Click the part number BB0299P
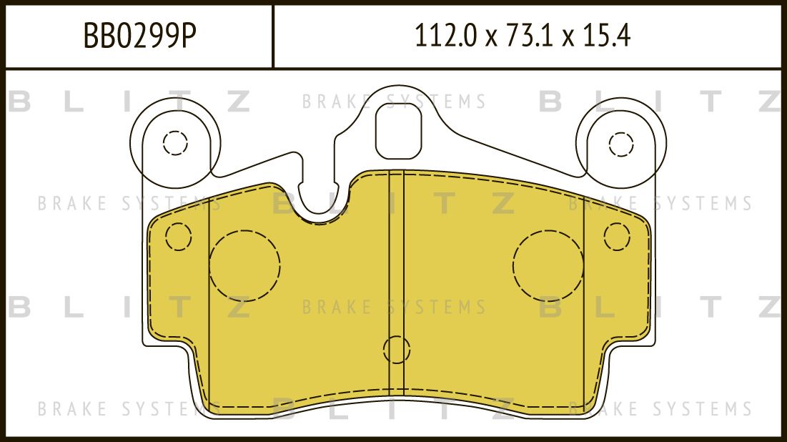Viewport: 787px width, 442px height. [139, 36]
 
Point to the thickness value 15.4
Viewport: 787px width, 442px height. [607, 36]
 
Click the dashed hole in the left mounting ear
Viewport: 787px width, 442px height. [175, 143]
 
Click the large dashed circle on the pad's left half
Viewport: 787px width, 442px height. [244, 264]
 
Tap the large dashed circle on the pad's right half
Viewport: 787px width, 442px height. [548, 265]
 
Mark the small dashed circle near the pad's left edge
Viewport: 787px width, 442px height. [178, 237]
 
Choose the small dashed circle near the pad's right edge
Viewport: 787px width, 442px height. [616, 236]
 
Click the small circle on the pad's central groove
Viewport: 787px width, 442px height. [397, 350]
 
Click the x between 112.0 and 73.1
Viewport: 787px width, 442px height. [490, 37]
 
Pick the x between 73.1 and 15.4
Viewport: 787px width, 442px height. [569, 37]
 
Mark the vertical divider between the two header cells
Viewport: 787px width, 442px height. [274, 36]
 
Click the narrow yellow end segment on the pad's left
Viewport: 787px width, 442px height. [179, 300]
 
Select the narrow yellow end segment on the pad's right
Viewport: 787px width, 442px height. [616, 300]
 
